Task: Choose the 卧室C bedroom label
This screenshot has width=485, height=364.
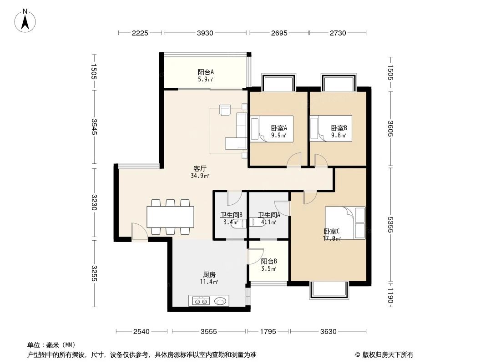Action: pos(331,231)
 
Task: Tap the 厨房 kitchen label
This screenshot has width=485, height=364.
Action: pos(209,275)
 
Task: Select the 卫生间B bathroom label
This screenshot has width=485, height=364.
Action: pos(231,215)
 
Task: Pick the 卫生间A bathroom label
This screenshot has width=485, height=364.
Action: pos(268,215)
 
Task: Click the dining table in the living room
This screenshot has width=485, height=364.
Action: pos(170,217)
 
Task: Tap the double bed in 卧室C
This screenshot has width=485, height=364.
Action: pos(345,222)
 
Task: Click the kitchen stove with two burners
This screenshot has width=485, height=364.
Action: pos(201,300)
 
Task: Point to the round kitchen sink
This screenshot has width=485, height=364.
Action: pos(221,300)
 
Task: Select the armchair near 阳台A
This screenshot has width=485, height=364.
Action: pos(225,110)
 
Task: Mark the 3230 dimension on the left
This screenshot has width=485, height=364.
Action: pos(94,202)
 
